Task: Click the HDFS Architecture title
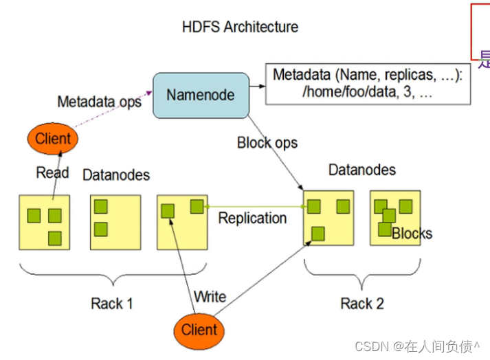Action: (x=240, y=27)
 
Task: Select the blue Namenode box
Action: (x=200, y=95)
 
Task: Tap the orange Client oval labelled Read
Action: (x=53, y=138)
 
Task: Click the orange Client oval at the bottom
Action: (x=199, y=330)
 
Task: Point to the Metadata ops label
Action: (x=99, y=102)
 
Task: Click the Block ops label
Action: (x=267, y=143)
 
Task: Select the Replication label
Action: (x=252, y=218)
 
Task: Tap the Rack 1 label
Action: (x=111, y=304)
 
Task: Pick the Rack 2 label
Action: (x=361, y=304)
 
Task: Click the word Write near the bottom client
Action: (x=210, y=297)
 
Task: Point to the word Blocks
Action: (x=412, y=234)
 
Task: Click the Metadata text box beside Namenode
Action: (x=368, y=84)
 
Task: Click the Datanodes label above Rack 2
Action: (x=361, y=170)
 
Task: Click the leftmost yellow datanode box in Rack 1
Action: (x=45, y=221)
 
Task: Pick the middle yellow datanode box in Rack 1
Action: (x=115, y=221)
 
